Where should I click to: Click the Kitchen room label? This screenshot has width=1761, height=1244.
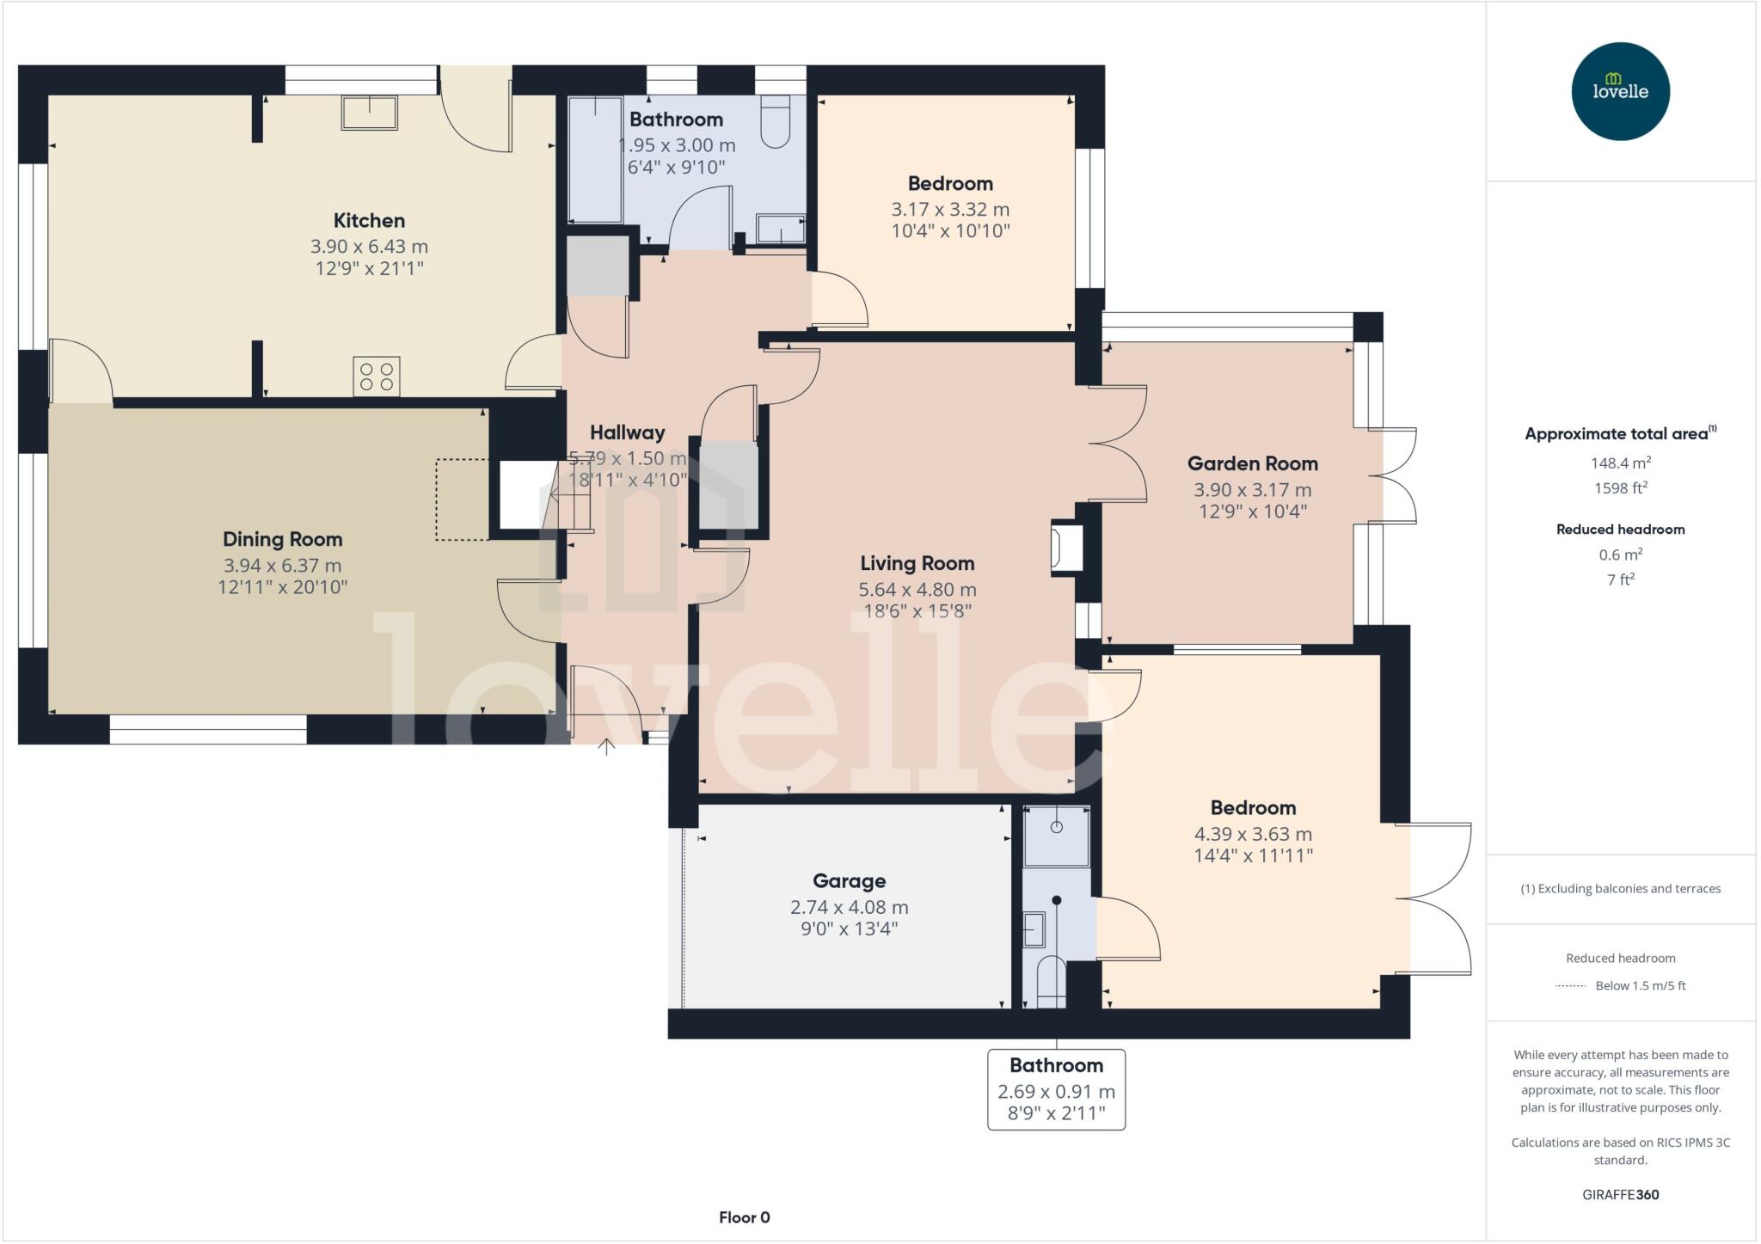coord(369,220)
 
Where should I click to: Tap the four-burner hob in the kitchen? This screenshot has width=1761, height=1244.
coord(377,377)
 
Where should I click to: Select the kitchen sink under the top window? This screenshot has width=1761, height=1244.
coord(370,113)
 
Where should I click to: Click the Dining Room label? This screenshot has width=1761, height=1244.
coord(282,539)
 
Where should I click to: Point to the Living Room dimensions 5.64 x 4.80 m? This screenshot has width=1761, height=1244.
coord(917,590)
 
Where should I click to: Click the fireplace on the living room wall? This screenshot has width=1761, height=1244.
coord(1063,548)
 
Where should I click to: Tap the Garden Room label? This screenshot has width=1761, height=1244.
coord(1252,463)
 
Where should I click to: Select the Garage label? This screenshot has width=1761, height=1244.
coord(850,881)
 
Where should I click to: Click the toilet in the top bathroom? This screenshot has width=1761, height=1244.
coord(776,121)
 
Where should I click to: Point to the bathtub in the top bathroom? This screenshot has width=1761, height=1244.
coord(595,160)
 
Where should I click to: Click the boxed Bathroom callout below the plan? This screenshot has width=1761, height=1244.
coord(1057,1089)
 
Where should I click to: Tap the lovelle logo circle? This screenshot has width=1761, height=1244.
coord(1621,91)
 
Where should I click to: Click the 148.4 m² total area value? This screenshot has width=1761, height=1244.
coord(1621,463)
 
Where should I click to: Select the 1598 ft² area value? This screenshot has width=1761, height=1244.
coord(1621,487)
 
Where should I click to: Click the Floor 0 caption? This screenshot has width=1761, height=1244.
coord(745,1217)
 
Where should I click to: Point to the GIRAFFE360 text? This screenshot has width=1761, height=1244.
coord(1621,1195)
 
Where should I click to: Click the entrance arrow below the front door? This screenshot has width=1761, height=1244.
coord(606,746)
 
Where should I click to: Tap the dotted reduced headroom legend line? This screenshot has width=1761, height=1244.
coord(1570,986)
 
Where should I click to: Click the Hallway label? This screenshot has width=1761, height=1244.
coord(627,432)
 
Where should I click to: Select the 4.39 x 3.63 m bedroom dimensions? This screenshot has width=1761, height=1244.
coord(1253,834)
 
